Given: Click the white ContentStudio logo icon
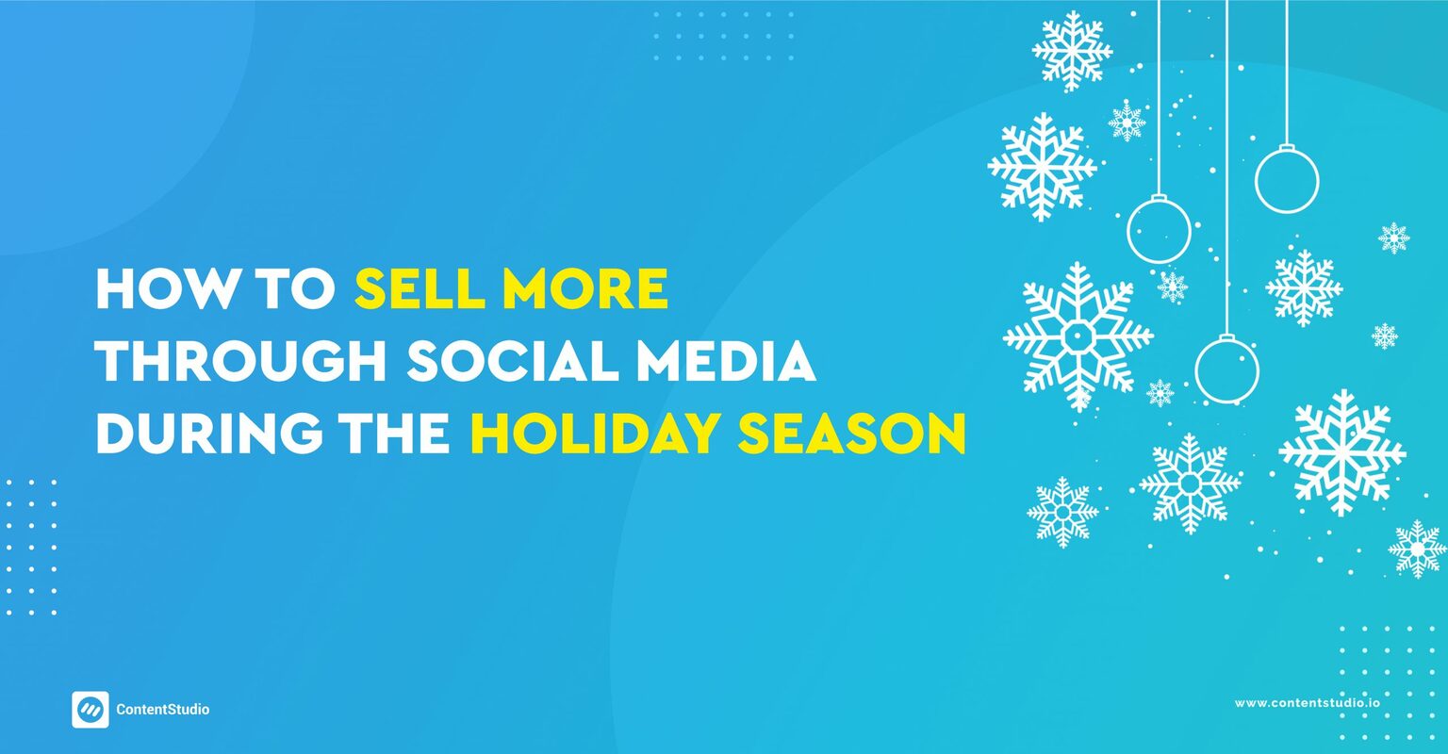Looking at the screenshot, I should tap(90, 710).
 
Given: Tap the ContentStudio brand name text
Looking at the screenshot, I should tap(163, 710).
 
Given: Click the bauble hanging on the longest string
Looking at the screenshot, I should tap(1226, 369).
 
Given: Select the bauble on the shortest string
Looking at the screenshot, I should tap(1286, 179).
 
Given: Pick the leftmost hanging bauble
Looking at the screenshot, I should tap(1159, 229).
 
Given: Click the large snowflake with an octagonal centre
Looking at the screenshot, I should tap(1078, 336).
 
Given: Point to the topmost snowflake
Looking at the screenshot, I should tap(1072, 50).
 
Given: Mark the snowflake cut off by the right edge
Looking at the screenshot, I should tap(1418, 549).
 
